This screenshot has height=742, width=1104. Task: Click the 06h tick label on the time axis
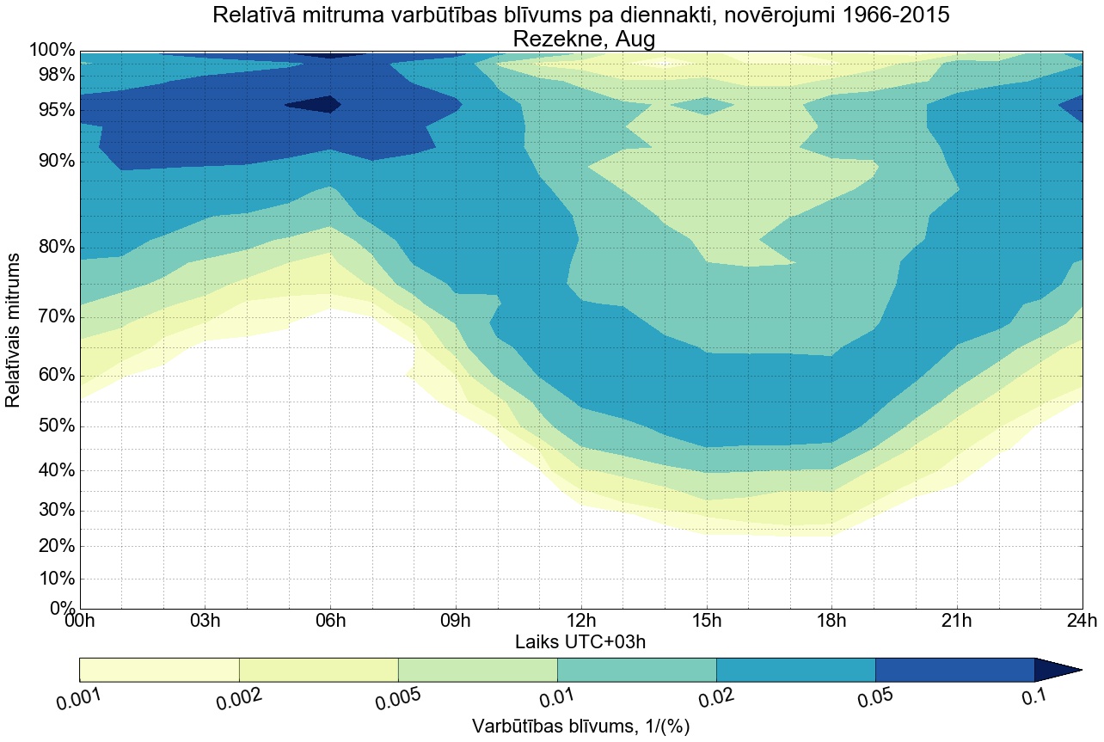click(330, 622)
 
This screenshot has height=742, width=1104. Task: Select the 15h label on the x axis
click(706, 622)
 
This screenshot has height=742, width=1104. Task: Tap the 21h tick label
click(956, 622)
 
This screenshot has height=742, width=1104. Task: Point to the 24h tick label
click(1081, 622)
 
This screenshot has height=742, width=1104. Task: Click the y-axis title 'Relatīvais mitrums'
click(14, 330)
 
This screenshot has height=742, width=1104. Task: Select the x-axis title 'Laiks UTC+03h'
click(581, 641)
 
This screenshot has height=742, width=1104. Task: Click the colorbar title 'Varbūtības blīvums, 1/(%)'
click(581, 727)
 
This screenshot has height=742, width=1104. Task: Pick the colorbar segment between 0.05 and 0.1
click(954, 670)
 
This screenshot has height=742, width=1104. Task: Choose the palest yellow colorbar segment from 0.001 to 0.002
click(159, 670)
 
